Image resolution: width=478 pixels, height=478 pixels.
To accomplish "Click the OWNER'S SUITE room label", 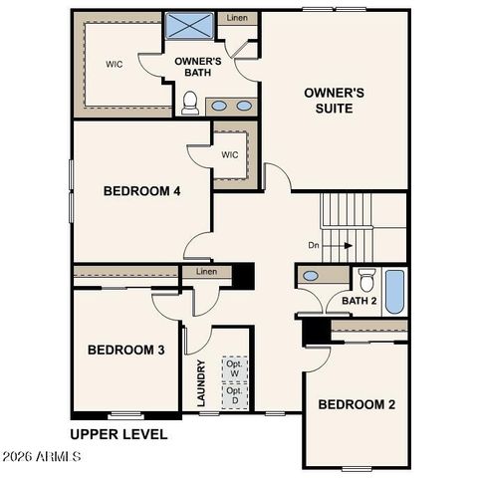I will (334, 100).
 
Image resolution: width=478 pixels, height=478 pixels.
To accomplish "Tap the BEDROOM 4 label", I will (141, 191).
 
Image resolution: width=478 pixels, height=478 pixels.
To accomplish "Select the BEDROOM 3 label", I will (125, 350).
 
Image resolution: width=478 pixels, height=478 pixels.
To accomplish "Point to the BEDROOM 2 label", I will (357, 404).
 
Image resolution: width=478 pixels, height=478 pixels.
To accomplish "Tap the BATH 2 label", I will (358, 300).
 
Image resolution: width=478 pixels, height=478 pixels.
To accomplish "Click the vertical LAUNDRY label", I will (201, 383).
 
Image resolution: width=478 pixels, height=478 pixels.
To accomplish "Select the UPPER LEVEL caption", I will (118, 434).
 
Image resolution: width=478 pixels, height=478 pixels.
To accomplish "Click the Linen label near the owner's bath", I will (238, 18).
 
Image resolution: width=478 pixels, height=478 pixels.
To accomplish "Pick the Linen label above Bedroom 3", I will (206, 272).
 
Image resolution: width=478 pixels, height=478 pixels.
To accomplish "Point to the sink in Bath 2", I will (311, 276).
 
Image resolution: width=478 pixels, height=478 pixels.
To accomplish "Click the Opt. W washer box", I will (234, 367).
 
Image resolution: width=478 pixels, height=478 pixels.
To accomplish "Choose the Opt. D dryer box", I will (234, 395).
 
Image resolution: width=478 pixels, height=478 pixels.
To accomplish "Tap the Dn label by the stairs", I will (314, 244).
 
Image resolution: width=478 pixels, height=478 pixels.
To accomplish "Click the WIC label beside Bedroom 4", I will (230, 154).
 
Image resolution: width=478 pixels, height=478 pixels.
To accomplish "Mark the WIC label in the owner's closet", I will (115, 64).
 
